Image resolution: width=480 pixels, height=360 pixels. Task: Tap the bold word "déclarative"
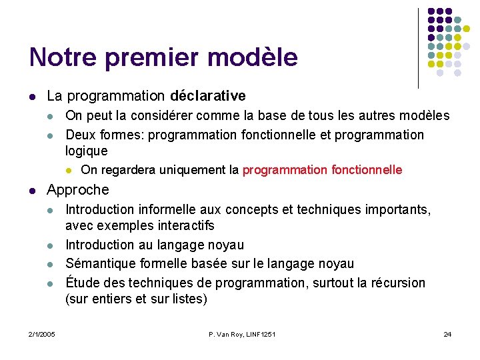tap(208, 96)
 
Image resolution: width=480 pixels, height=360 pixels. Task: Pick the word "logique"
tap(86, 151)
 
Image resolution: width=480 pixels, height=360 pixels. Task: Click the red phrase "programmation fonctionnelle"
tap(322, 170)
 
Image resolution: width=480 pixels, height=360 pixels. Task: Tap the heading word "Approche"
tap(77, 190)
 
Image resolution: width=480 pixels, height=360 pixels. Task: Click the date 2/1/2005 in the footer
tap(42, 334)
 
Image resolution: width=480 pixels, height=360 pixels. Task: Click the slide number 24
tap(447, 334)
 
